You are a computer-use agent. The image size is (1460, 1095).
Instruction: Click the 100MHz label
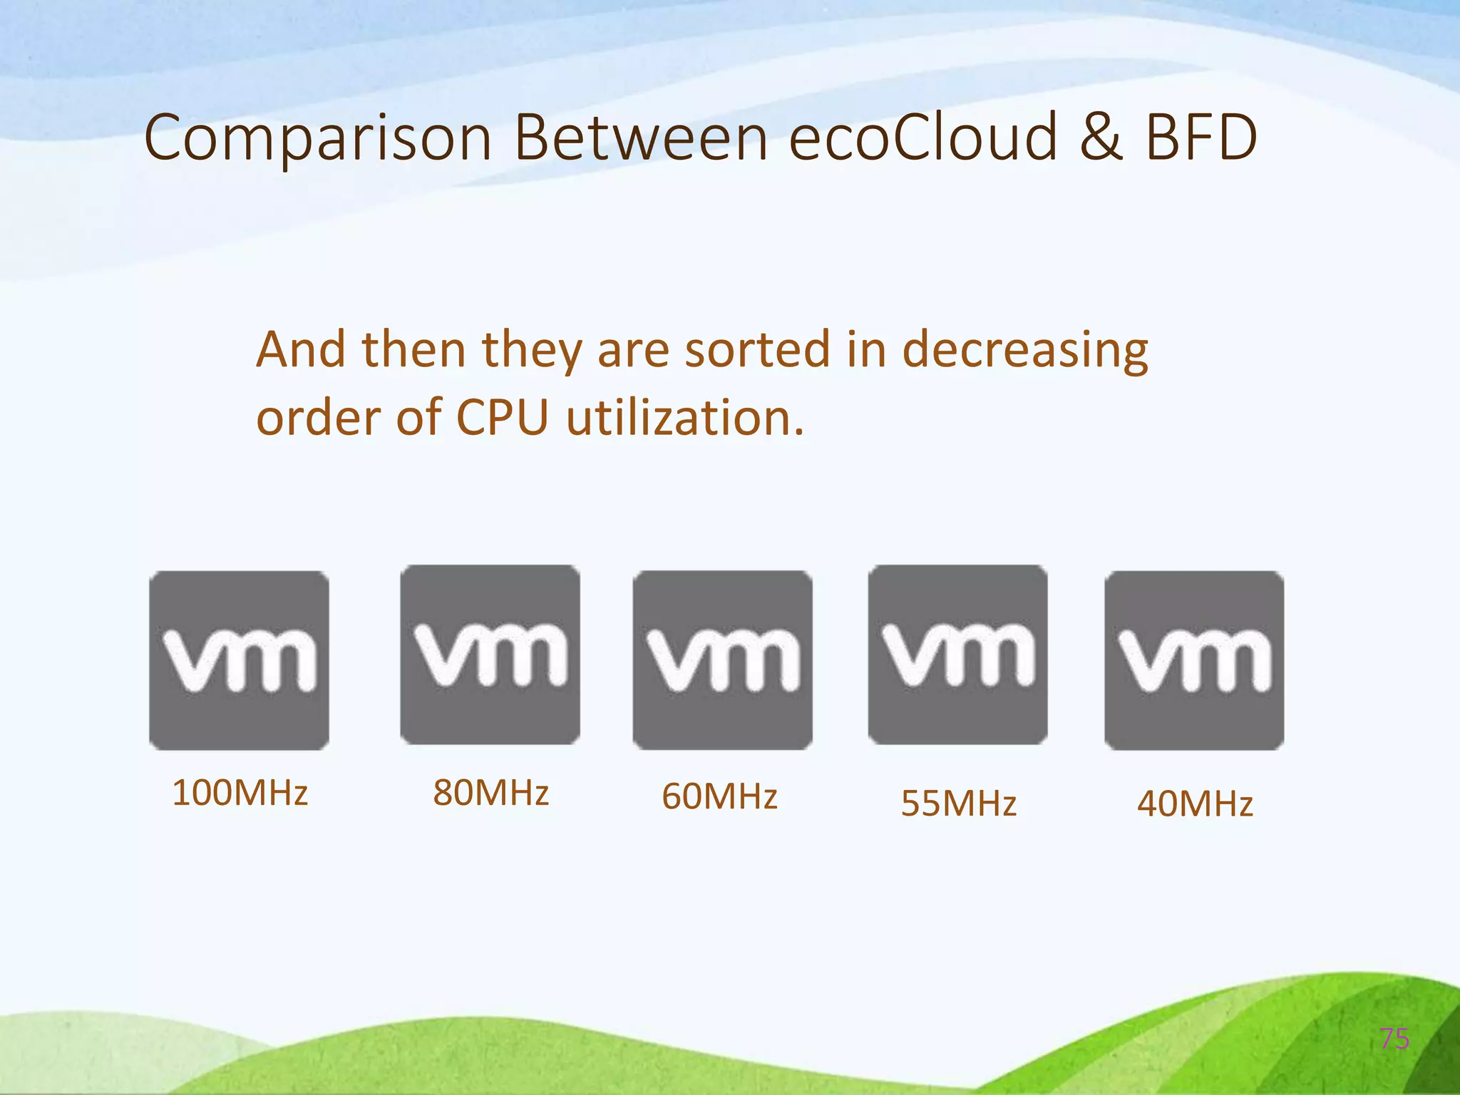[240, 793]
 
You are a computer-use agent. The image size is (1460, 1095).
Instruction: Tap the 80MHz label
[490, 793]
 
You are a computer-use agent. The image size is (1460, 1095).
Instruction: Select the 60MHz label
[719, 796]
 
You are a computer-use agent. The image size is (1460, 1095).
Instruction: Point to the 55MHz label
[958, 803]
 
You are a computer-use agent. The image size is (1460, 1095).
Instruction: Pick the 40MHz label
[1195, 803]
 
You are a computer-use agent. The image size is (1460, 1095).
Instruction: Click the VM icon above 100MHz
[239, 660]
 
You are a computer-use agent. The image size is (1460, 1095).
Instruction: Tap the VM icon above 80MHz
[490, 654]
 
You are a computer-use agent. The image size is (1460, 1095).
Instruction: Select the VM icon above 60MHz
[722, 660]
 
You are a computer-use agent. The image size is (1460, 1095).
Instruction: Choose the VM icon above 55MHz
[957, 654]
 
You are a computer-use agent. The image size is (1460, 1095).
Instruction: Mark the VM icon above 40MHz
[1194, 660]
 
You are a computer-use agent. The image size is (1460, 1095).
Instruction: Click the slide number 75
[1394, 1039]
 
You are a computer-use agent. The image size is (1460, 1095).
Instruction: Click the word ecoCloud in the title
[923, 137]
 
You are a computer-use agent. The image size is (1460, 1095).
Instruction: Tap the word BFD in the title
[1201, 137]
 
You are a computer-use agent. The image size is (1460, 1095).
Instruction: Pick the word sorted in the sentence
[757, 350]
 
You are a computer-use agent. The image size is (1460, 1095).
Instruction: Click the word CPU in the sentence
[503, 417]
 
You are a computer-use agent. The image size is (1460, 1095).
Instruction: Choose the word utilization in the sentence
[685, 417]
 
